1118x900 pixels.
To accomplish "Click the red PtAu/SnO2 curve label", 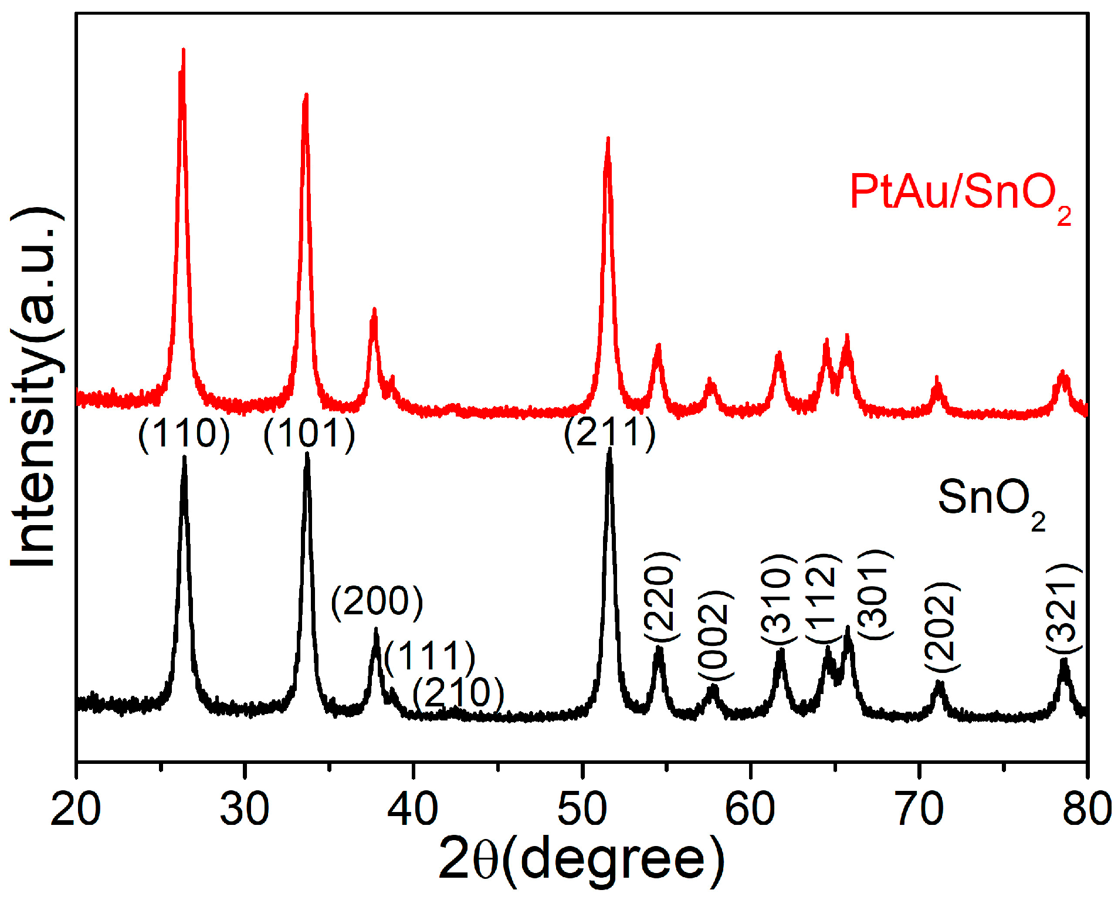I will pyautogui.click(x=960, y=194).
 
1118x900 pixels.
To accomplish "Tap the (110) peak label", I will pyautogui.click(x=184, y=434).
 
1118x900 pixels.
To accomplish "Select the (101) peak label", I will pyautogui.click(x=309, y=434).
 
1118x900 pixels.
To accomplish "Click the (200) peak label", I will pyautogui.click(x=377, y=602).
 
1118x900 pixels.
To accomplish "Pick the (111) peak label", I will pyautogui.click(x=429, y=655).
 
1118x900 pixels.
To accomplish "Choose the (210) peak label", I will pyautogui.click(x=458, y=693).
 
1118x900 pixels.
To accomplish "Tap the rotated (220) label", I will pyautogui.click(x=661, y=597).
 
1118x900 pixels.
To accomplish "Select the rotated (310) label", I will pyautogui.click(x=778, y=598).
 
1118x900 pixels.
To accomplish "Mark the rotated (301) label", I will pyautogui.click(x=875, y=595).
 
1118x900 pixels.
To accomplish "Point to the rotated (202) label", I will pyautogui.click(x=941, y=627).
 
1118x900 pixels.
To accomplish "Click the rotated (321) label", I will pyautogui.click(x=1063, y=608).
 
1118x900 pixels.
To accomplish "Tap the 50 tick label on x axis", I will pyautogui.click(x=582, y=808).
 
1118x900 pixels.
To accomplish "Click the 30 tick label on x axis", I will pyautogui.click(x=245, y=808).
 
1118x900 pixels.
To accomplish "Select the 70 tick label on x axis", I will pyautogui.click(x=919, y=808).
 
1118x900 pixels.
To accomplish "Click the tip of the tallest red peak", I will pyautogui.click(x=184, y=49).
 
